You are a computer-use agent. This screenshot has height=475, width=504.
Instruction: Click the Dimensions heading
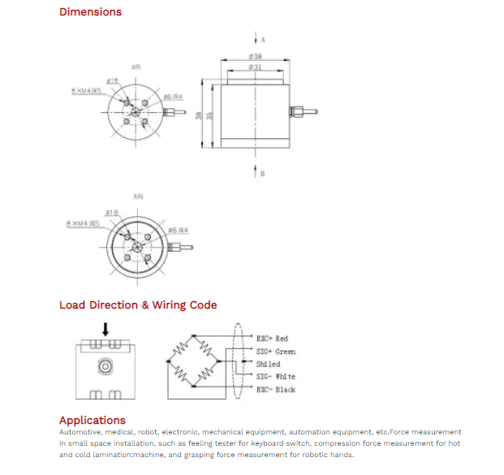90,12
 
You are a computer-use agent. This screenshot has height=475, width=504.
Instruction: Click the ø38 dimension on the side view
255,57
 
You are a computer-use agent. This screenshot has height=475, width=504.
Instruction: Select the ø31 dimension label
255,67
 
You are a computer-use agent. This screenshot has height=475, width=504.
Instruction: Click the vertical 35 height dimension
209,116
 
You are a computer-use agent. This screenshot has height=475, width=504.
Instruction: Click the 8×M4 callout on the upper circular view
85,91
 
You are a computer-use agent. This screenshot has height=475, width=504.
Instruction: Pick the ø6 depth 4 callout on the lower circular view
178,230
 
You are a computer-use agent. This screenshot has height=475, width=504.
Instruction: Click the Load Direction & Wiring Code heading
138,305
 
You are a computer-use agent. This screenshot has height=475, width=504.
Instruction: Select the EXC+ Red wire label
272,339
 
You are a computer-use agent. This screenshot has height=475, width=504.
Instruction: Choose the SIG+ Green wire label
276,352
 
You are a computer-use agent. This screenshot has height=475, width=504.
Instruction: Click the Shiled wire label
268,365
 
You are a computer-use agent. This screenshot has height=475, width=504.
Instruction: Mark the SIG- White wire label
276,377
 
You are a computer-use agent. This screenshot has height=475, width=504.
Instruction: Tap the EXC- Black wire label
276,390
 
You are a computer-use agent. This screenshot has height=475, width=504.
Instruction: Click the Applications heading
93,420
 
